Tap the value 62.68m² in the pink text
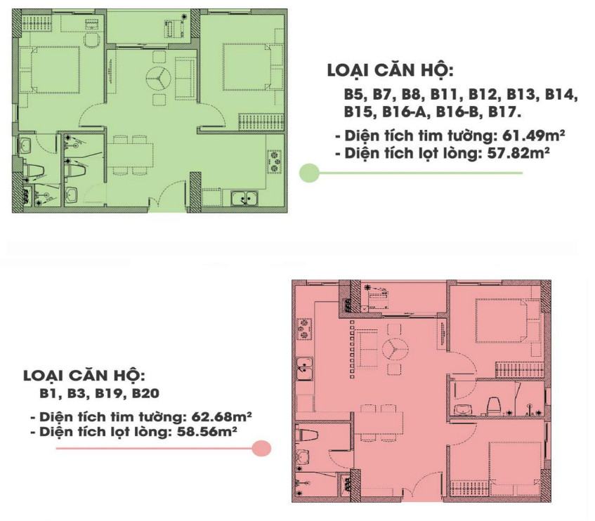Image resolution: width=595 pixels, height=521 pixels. [x=222, y=416]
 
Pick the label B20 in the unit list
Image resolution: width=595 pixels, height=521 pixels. [x=145, y=394]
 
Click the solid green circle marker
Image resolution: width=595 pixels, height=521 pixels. [x=309, y=173]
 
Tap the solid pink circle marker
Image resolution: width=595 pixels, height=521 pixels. [x=261, y=448]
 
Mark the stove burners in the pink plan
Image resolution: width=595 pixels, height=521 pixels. [x=304, y=329]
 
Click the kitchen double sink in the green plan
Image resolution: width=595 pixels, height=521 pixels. [x=244, y=197]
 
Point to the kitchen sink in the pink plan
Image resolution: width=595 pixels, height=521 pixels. [x=305, y=369]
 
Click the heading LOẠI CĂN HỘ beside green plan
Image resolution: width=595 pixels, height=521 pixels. [x=390, y=71]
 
